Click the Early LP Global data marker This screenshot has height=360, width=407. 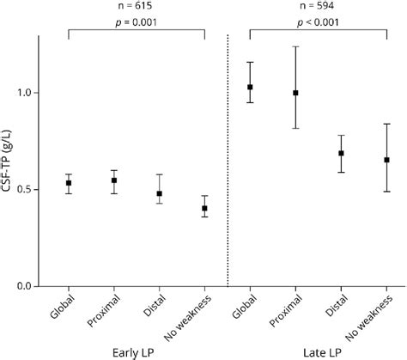pos(70,183)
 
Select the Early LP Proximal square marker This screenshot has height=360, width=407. pos(114,180)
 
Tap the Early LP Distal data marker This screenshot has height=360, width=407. pos(159,193)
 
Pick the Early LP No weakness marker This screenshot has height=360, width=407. pos(204,208)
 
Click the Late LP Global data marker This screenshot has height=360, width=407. pos(250,87)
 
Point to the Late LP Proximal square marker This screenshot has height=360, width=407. pos(295,93)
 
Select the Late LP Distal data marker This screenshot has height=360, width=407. pos(341,153)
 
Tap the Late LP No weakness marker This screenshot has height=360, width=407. pos(386,160)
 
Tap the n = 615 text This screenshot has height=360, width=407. pos(137,8)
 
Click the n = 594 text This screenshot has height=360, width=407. pos(318,8)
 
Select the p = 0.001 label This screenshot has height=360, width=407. pos(137,24)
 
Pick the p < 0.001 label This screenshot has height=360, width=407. pos(318,24)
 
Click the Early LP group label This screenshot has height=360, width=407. pos(137,351)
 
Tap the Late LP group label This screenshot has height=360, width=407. pos(318,351)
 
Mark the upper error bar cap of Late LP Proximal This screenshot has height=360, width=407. pos(295,46)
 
